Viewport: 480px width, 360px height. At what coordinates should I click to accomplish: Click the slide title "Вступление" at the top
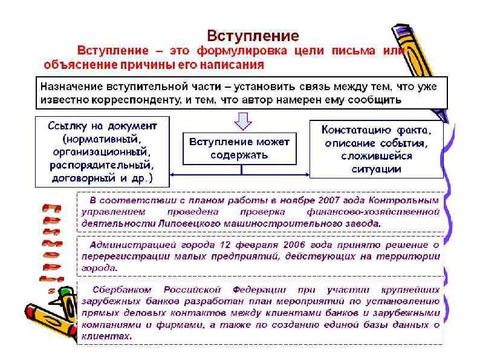253,34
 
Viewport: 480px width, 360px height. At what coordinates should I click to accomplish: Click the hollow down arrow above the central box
242,122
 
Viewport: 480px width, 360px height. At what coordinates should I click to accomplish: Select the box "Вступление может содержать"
240,148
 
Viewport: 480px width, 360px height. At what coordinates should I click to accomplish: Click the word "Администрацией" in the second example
128,245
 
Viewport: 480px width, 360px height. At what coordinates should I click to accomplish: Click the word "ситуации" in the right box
376,169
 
